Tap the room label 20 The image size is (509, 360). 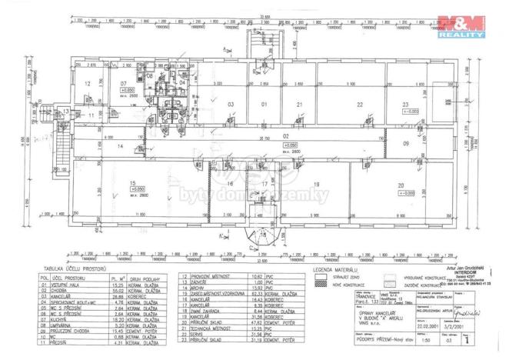pyautogui.click(x=400, y=185)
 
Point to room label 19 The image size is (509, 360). pyautogui.click(x=316, y=185)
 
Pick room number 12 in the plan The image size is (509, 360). pyautogui.click(x=88, y=83)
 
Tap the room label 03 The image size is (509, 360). pyautogui.click(x=230, y=103)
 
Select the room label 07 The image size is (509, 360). pyautogui.click(x=123, y=82)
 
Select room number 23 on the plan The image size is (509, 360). pyautogui.click(x=404, y=103)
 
